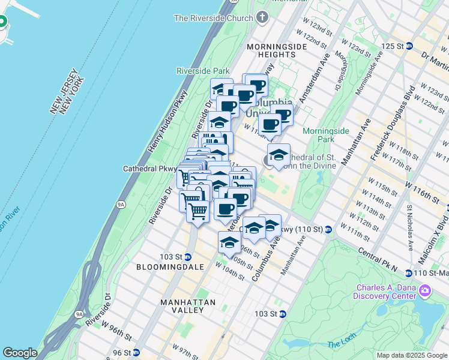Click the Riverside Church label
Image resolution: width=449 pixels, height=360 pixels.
[213, 18]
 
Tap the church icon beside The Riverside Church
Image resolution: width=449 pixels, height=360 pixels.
[262, 18]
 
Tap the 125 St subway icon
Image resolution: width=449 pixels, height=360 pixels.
[409, 46]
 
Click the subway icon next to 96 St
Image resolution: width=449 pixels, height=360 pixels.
[136, 353]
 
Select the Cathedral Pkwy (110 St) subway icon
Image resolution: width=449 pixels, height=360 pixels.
[328, 230]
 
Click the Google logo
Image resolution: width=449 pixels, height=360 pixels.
[20, 353]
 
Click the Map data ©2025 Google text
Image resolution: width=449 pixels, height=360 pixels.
[412, 355]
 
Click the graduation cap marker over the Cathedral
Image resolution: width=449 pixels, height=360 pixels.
[279, 155]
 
